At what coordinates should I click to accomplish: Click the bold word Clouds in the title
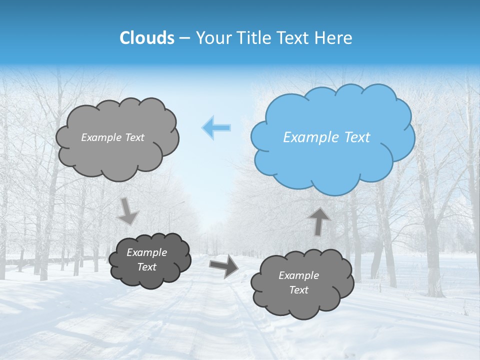pyautogui.click(x=147, y=38)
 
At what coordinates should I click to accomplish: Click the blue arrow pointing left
pyautogui.click(x=216, y=127)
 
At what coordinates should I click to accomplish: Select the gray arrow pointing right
pyautogui.click(x=223, y=266)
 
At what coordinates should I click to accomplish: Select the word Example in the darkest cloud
pyautogui.click(x=147, y=252)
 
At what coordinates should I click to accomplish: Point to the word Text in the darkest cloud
pyautogui.click(x=147, y=267)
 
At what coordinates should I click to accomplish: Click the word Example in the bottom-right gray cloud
pyautogui.click(x=298, y=275)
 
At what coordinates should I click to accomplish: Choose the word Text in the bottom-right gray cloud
pyautogui.click(x=298, y=290)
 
